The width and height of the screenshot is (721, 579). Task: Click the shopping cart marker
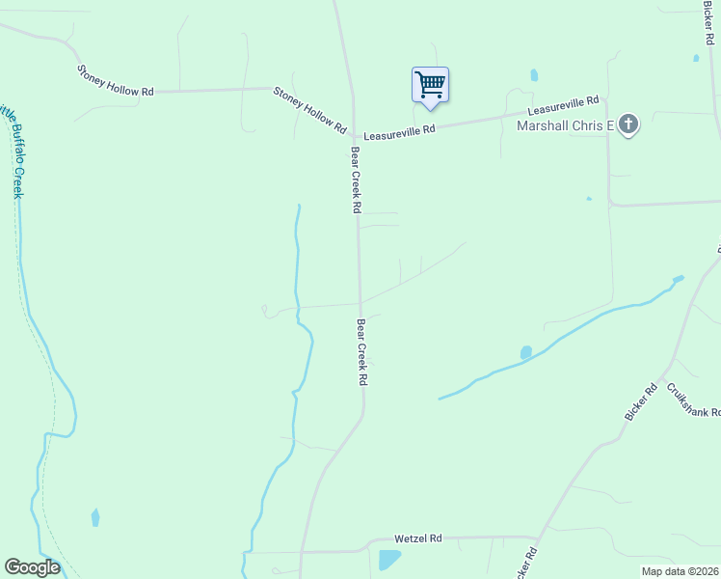(430, 84)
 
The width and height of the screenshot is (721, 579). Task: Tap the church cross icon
(628, 124)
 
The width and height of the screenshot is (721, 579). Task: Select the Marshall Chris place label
(566, 125)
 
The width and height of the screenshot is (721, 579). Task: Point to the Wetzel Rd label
(417, 538)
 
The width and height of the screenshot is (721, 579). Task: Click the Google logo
(32, 567)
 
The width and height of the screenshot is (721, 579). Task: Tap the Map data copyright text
(680, 571)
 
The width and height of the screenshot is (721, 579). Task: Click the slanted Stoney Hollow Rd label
(309, 109)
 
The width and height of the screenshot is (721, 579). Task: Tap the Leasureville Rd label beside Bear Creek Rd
(399, 128)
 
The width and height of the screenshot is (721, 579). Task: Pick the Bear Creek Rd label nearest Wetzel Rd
(361, 352)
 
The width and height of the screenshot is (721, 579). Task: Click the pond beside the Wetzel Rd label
(389, 559)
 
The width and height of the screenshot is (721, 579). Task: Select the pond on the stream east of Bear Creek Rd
(525, 353)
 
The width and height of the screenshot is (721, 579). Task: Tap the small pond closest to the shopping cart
(533, 74)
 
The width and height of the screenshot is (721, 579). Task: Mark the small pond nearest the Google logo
(94, 517)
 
